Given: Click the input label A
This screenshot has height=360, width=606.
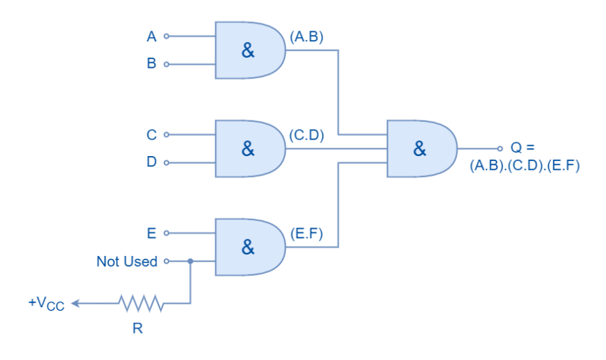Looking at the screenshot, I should point(151,36).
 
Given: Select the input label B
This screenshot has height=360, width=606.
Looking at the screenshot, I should point(151,63).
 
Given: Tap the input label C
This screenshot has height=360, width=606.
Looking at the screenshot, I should point(151,135).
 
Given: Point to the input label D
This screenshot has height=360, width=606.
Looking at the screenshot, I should point(151,162).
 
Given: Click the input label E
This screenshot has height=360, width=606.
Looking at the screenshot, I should point(151,233).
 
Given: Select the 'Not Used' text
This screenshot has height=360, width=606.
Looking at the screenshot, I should point(127,262).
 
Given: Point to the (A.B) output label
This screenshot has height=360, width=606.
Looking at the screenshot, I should point(307,37).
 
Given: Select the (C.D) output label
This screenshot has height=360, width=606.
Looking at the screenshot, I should point(307,135).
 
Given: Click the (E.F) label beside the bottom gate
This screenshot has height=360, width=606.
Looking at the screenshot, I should point(307,234).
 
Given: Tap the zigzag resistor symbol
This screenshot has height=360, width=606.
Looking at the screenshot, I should point(141,304).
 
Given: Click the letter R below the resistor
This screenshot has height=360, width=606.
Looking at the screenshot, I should point(138,329).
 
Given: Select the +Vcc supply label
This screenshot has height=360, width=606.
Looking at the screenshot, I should point(46,304).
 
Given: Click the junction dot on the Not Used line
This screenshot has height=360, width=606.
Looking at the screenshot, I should point(190,261).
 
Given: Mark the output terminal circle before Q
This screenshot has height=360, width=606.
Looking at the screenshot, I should point(499,148).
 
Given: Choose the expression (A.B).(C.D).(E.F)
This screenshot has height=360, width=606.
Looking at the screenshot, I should point(525,165).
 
